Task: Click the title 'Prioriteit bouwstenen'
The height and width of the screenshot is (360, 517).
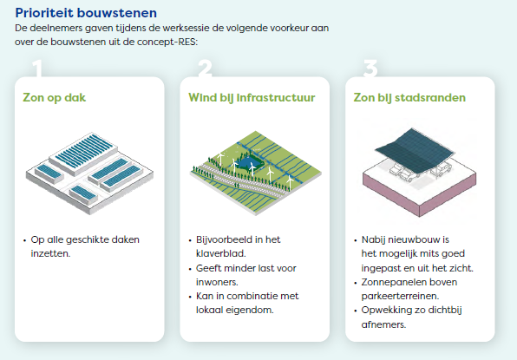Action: coord(86,13)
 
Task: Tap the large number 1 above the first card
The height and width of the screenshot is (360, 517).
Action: coord(37,69)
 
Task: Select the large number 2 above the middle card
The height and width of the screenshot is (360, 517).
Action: coord(205,69)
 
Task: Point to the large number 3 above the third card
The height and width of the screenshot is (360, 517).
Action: coord(370,69)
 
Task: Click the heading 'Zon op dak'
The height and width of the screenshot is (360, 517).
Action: coord(55,98)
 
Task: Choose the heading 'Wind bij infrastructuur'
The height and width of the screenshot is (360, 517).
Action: coord(252,98)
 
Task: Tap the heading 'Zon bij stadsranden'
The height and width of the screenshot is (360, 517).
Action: coord(409,97)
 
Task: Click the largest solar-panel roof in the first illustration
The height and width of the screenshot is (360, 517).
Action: coord(84,153)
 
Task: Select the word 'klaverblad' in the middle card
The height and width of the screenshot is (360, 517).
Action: coord(220,253)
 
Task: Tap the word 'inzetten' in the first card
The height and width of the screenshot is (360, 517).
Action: coord(49,253)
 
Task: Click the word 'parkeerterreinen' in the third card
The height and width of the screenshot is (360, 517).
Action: coord(399,296)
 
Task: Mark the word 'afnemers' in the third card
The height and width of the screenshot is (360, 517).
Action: coord(383,324)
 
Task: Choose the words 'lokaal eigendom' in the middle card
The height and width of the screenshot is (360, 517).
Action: coord(234,311)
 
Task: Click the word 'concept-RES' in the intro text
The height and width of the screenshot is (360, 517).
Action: coord(167,42)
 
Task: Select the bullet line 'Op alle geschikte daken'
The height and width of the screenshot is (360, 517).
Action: coord(85,239)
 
